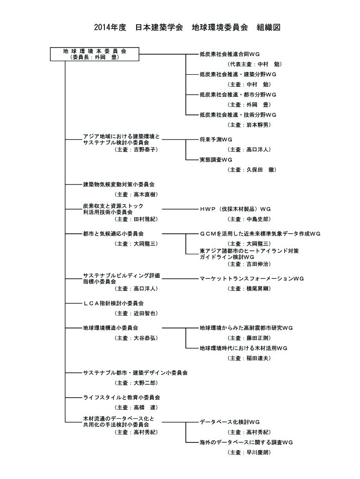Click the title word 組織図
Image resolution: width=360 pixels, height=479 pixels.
pos(269,27)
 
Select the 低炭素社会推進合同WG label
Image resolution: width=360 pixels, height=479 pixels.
pos(229,54)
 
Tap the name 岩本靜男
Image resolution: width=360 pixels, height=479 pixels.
pos(259,124)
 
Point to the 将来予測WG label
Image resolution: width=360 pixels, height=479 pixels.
pos(216,139)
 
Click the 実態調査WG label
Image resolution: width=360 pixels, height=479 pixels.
pos(216,159)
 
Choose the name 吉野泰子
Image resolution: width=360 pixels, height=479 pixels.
pos(146,149)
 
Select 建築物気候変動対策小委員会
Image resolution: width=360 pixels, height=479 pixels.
pos(118,184)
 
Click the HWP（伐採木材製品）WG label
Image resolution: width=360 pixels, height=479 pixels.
pos(235,209)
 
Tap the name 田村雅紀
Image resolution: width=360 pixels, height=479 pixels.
pos(146,219)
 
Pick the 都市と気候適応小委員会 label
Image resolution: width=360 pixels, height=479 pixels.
pos(113,234)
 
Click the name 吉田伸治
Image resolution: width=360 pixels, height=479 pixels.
pos(259,264)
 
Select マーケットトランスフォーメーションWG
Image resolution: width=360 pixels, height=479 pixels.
pos(252,278)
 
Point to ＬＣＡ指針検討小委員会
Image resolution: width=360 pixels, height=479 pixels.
pos(113,303)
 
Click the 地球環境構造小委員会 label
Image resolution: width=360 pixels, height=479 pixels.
pos(110,328)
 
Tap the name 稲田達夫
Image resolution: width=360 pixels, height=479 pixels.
pos(259,358)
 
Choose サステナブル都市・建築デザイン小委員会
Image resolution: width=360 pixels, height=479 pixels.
pos(135,373)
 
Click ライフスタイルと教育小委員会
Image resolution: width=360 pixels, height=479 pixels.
pos(122,397)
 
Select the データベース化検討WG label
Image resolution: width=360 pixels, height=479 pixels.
pos(229,422)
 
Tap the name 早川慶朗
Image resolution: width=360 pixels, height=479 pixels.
pos(259,452)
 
